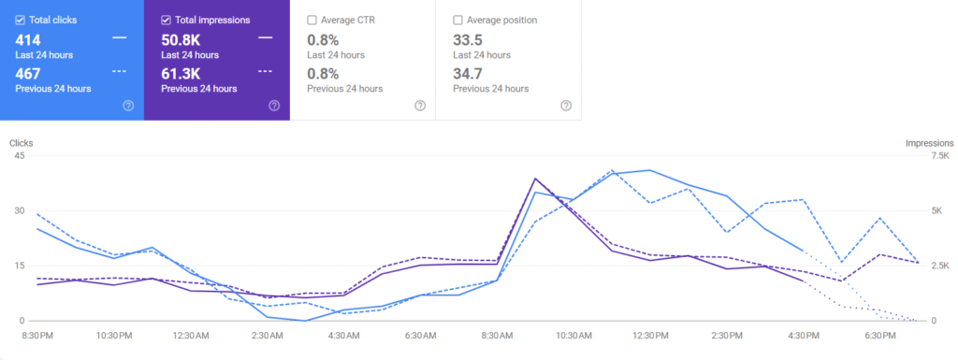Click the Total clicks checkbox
click(21, 20)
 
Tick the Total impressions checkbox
click(167, 20)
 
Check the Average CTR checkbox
click(312, 20)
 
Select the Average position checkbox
click(457, 20)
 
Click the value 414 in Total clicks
click(28, 39)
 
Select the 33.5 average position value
click(469, 39)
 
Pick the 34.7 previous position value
click(469, 73)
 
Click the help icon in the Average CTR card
click(420, 106)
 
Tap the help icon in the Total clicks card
click(128, 106)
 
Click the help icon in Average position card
click(566, 106)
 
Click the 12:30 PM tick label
click(649, 335)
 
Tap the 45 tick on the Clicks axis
click(19, 155)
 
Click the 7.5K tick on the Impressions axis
click(938, 155)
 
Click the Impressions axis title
click(928, 143)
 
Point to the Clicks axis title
click(22, 143)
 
